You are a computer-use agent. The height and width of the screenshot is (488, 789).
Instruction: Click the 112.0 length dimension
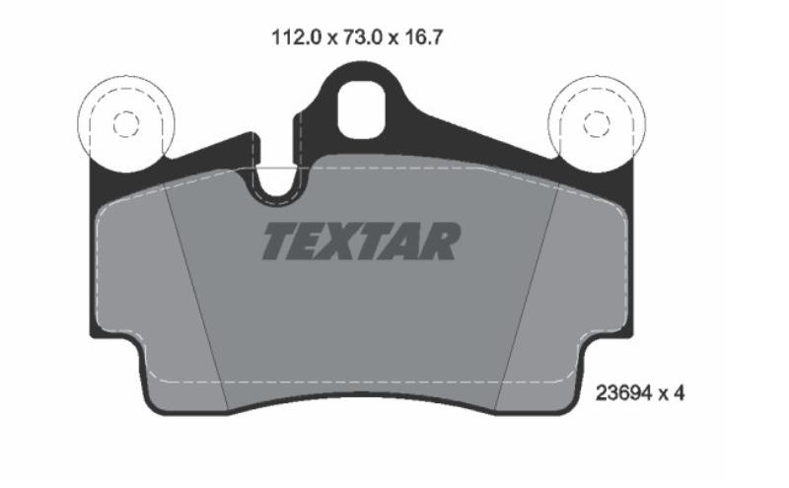[x=296, y=37]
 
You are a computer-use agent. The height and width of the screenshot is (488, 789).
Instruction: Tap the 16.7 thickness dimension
[x=425, y=37]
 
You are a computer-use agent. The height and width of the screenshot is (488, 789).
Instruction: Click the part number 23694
[x=624, y=393]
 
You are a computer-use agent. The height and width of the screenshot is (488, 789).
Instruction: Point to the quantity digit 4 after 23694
[x=679, y=393]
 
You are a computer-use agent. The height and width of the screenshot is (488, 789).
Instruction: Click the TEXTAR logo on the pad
[x=361, y=241]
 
